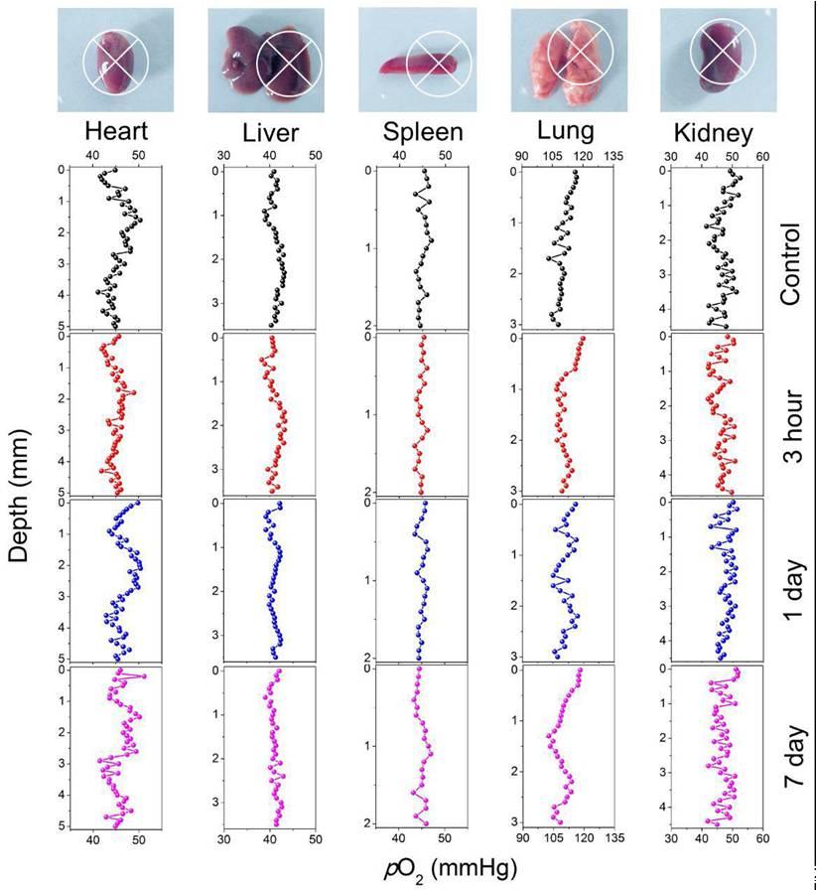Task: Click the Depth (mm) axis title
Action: (18, 496)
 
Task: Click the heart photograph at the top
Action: (116, 60)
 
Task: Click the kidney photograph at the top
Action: (716, 59)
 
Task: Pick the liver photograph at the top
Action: (268, 60)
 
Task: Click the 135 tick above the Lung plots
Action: (615, 156)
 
